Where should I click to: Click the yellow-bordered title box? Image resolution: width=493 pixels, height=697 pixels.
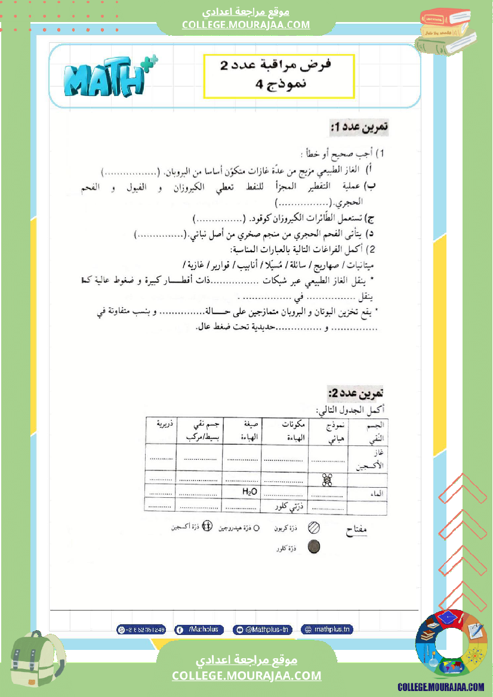pos(279,76)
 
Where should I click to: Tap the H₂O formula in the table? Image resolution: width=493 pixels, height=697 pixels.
pos(249,492)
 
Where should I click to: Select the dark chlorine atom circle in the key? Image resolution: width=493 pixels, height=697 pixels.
pos(313,546)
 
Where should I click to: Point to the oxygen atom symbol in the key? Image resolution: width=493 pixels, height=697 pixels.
pos(207,526)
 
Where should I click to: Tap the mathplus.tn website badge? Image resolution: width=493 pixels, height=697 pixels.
pos(325,629)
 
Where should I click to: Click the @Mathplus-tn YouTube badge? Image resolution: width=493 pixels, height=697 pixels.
pos(262,629)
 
